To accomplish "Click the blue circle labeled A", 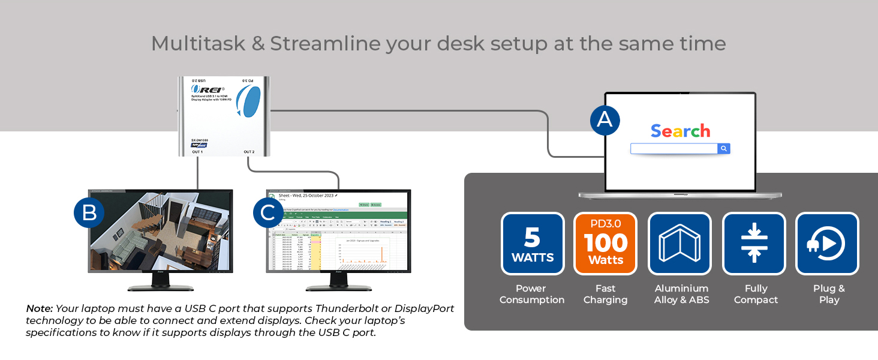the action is (605, 120).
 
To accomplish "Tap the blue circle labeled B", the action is (89, 213).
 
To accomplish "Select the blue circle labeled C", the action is (268, 213).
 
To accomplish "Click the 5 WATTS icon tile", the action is (533, 244).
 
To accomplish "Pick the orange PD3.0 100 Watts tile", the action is (605, 244).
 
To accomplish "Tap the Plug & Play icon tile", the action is (827, 244).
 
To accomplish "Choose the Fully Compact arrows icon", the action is (754, 244).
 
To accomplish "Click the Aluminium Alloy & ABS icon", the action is (679, 244).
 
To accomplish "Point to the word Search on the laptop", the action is (680, 131).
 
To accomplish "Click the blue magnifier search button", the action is (724, 148).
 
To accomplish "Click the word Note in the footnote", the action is (39, 308).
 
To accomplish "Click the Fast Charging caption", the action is (605, 294).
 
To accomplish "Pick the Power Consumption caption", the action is (532, 294).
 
